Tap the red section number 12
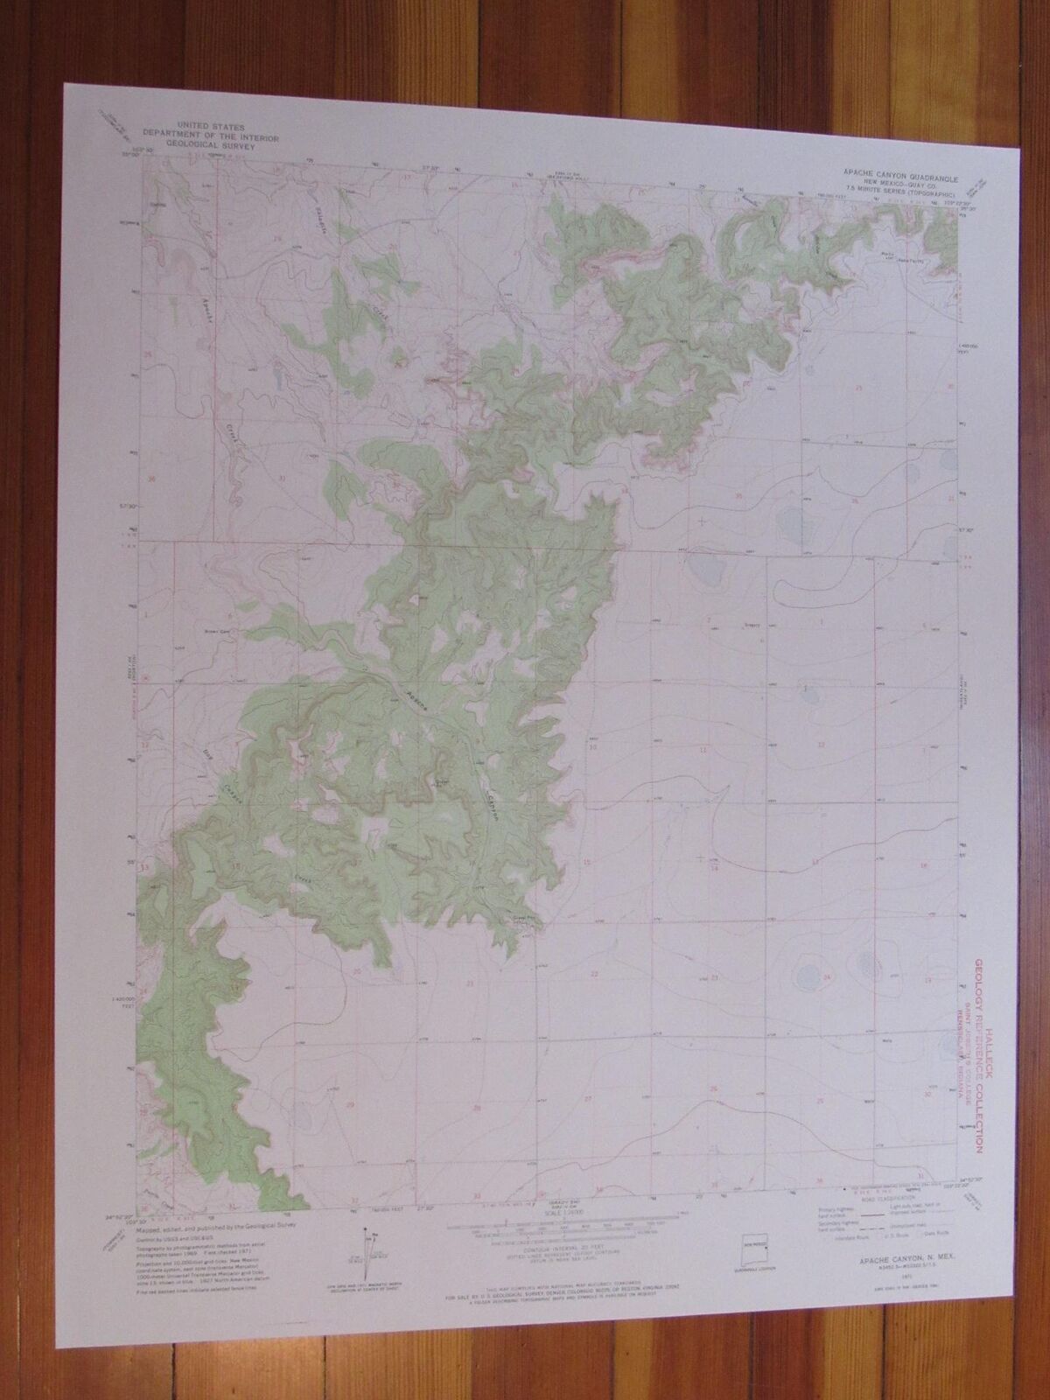coord(820,744)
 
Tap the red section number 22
coord(594,974)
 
